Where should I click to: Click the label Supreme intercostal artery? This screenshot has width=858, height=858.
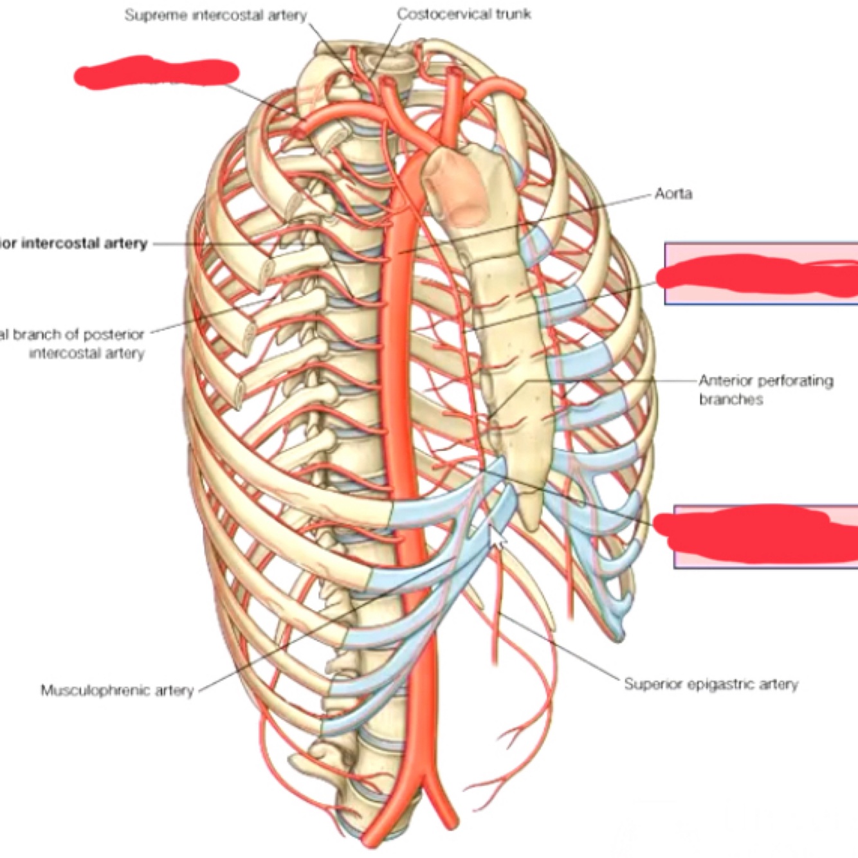point(215,15)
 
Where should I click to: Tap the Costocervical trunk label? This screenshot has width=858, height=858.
point(464,14)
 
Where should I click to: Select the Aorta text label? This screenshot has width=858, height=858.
point(673,193)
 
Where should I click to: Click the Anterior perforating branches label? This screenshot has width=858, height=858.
point(765,390)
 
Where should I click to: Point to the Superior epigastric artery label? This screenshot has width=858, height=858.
point(711,684)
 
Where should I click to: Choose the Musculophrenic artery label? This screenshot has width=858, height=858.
point(117,691)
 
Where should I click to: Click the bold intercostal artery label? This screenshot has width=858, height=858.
point(74,243)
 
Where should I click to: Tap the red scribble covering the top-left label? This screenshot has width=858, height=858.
point(156,72)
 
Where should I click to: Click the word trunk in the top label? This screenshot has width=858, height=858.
point(513,14)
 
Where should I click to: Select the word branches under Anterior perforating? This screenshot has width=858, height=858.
point(731,399)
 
